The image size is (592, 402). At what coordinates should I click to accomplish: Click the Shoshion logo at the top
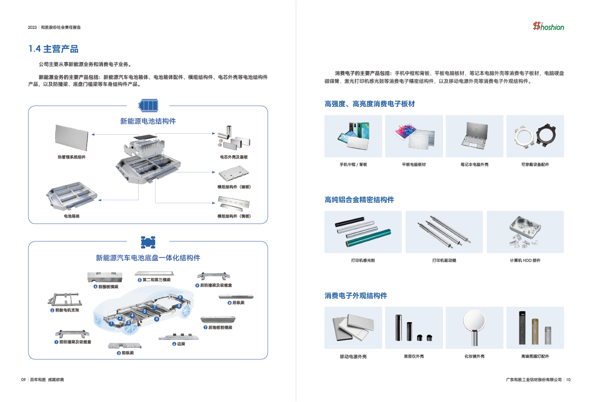click(548, 26)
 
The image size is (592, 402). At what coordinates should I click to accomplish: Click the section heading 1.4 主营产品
click(53, 49)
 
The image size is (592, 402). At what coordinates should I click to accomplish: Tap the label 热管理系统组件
click(71, 157)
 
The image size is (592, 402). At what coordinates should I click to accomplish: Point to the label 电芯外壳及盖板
click(234, 157)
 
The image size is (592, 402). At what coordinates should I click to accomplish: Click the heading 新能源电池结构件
click(148, 121)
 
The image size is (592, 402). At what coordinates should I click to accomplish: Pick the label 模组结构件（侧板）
click(234, 216)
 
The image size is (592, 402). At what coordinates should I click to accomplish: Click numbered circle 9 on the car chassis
click(180, 298)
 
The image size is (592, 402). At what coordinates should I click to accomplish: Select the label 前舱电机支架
click(65, 310)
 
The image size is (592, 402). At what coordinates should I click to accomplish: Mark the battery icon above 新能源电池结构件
click(148, 105)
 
